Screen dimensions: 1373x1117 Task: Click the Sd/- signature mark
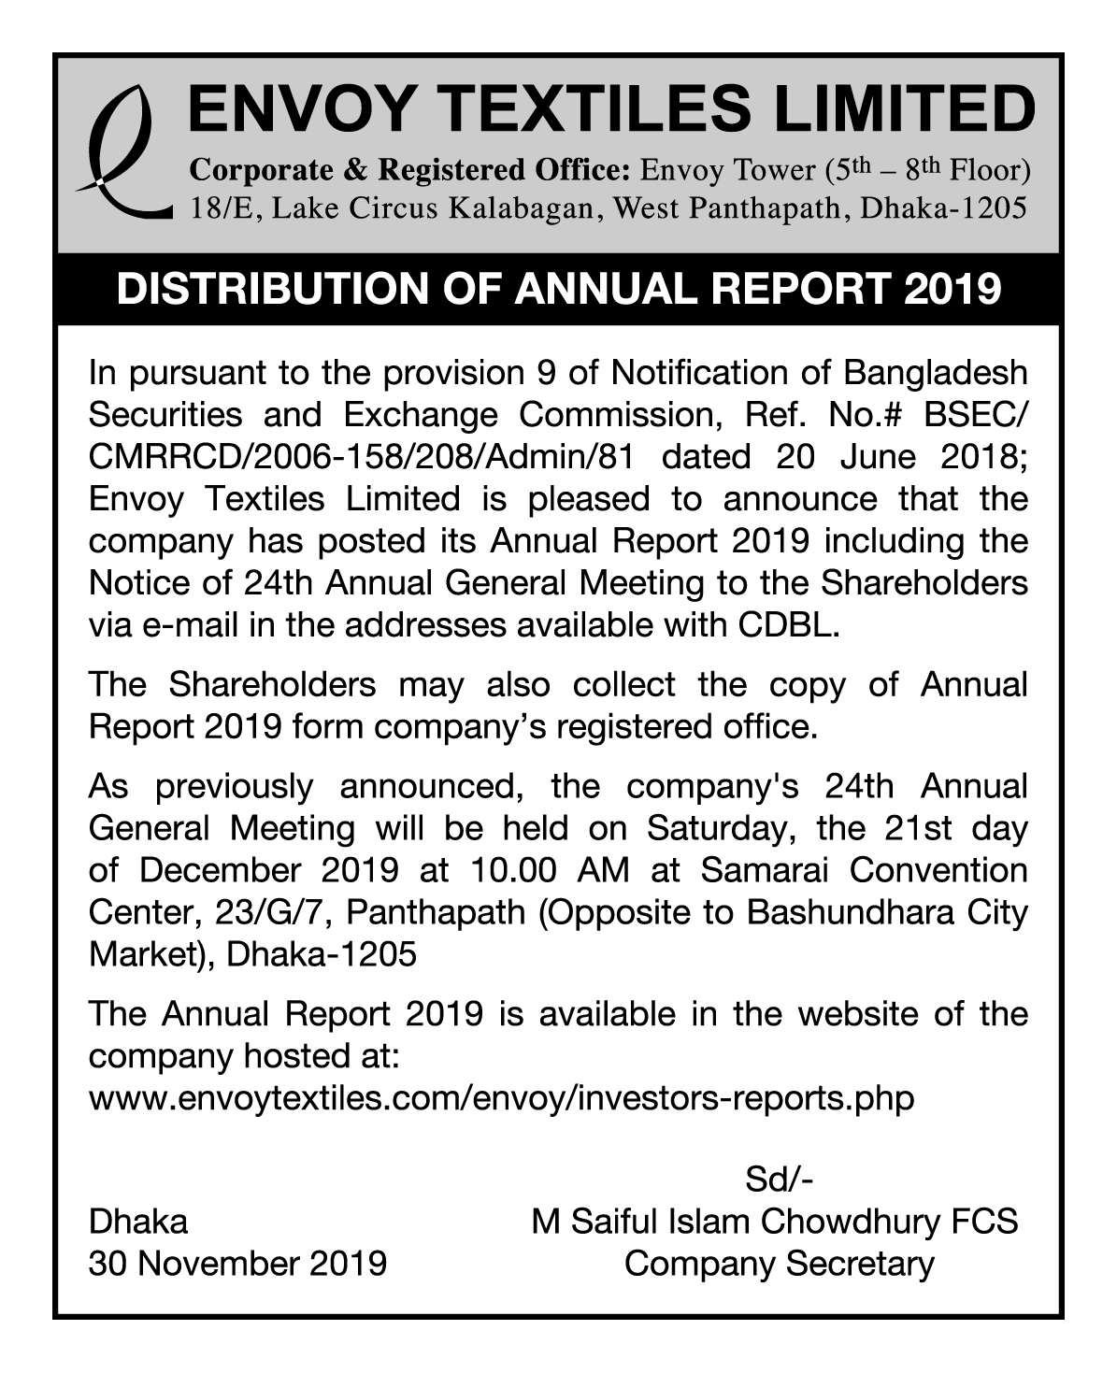(779, 1180)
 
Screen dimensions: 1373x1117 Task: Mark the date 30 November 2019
(237, 1264)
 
